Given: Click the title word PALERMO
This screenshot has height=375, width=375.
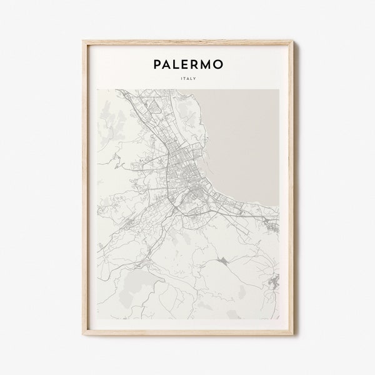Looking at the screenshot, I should [x=187, y=64].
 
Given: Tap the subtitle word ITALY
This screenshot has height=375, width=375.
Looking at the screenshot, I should [x=187, y=79].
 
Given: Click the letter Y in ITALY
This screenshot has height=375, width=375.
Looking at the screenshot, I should [x=195, y=79].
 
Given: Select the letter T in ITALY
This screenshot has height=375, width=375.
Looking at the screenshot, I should [x=184, y=79].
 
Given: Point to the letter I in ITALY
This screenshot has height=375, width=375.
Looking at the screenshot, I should [x=180, y=79].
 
